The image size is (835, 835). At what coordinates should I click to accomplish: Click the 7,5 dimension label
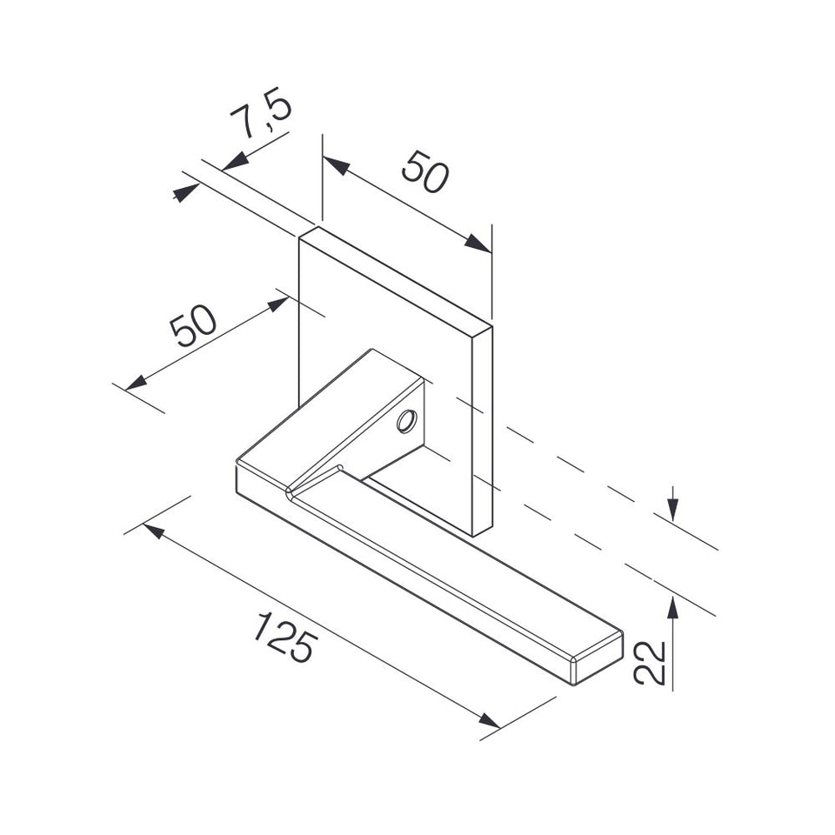tap(262, 113)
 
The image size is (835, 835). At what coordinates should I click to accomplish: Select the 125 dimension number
tap(285, 638)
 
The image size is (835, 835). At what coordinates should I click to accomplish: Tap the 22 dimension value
tap(651, 663)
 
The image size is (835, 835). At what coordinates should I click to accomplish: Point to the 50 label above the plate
tap(425, 171)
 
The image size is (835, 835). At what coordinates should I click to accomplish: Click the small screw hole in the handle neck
tap(406, 422)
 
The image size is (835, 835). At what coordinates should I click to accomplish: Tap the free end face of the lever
tap(598, 658)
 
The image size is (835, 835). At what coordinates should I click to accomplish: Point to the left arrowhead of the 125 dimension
tap(154, 530)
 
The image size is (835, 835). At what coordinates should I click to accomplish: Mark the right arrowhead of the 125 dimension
tap(489, 720)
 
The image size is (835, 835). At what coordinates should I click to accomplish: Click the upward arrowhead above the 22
tap(673, 606)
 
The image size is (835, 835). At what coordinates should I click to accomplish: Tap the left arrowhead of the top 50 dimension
tap(336, 164)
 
